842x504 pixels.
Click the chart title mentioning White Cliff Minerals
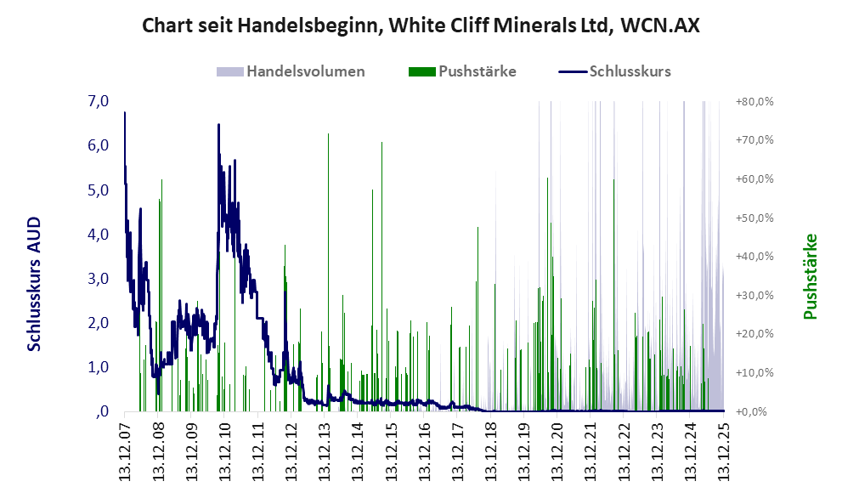click(421, 25)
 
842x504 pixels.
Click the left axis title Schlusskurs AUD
click(34, 284)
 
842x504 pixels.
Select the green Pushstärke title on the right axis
click(810, 276)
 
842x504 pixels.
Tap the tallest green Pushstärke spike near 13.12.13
click(328, 136)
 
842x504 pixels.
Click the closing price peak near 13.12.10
click(218, 125)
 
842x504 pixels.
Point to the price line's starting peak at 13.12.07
click(125, 113)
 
